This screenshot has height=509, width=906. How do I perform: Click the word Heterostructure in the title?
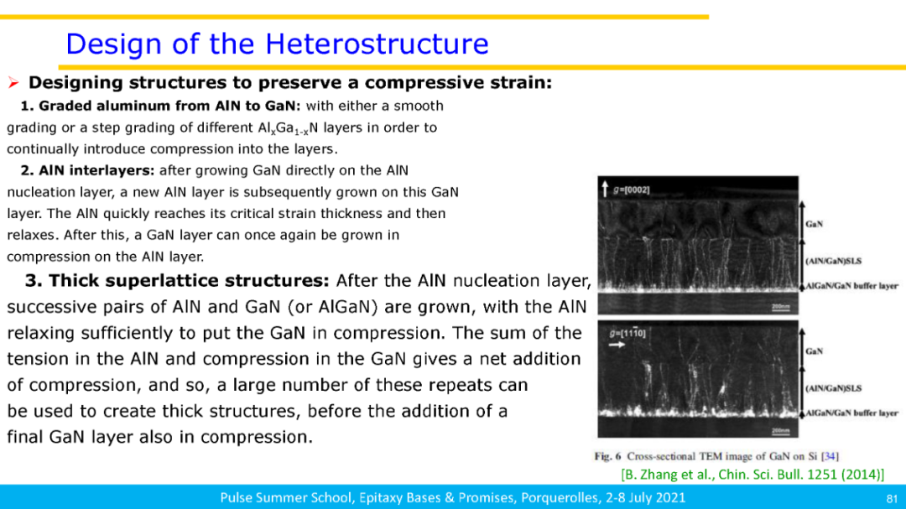point(377,44)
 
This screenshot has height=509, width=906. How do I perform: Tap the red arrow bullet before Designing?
point(14,83)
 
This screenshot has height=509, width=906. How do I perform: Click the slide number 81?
point(892,499)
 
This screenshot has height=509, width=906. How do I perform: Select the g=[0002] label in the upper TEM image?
point(632,190)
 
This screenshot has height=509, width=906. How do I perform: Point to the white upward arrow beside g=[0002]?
point(605,189)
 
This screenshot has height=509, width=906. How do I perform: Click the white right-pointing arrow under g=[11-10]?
point(617,345)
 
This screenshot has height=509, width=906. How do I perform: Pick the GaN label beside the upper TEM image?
point(814,224)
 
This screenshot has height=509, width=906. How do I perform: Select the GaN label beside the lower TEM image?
point(814,351)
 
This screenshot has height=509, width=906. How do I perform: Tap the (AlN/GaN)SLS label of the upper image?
point(833,261)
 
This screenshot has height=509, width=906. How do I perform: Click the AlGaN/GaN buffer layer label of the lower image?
point(851,413)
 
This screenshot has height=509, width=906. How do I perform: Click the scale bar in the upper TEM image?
point(781,309)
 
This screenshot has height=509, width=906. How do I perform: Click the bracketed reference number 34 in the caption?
point(830,456)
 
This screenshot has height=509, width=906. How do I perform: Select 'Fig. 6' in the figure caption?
point(607,456)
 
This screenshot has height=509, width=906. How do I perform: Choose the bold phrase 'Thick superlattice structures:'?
point(189,281)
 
